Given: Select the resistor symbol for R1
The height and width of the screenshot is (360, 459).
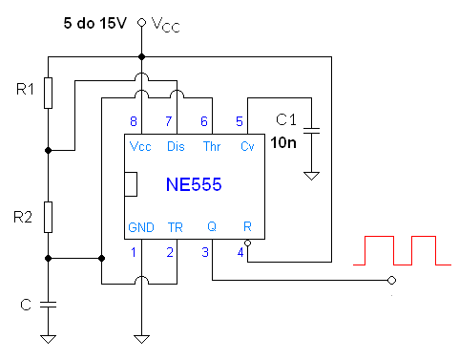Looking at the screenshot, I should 49,94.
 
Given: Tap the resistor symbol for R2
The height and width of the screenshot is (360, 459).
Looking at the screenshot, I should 49,217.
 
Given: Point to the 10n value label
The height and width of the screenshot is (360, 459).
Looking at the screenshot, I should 283,143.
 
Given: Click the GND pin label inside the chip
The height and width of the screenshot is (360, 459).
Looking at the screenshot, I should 141,227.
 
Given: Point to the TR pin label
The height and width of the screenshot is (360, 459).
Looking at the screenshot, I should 176,227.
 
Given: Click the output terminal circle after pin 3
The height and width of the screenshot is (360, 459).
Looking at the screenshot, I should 390,280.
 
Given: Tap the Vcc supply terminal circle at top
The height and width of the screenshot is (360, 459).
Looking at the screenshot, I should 141,22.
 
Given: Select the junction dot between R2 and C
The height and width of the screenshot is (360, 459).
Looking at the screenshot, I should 50,258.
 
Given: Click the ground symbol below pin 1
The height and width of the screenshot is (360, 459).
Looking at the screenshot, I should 141,336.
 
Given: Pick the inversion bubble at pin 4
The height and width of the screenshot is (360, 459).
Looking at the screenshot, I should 246,244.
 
